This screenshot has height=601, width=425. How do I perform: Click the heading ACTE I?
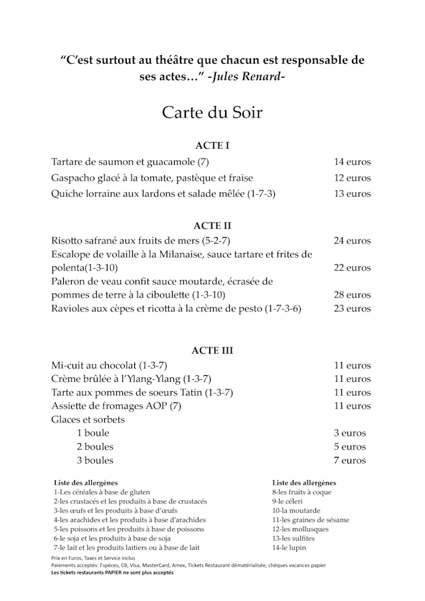pyautogui.click(x=212, y=145)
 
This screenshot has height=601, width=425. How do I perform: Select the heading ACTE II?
pyautogui.click(x=212, y=226)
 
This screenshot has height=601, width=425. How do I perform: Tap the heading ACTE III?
pyautogui.click(x=212, y=350)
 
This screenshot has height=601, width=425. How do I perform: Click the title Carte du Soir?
pyautogui.click(x=212, y=112)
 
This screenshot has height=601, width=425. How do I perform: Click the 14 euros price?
pyautogui.click(x=352, y=162)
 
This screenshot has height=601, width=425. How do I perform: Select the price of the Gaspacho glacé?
pyautogui.click(x=352, y=178)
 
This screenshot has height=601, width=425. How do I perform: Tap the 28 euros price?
pyautogui.click(x=352, y=295)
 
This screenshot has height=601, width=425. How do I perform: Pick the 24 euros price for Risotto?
pyautogui.click(x=352, y=240)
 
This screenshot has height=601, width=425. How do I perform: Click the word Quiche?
pyautogui.click(x=67, y=194)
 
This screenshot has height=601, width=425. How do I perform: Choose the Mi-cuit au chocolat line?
pyautogui.click(x=109, y=365)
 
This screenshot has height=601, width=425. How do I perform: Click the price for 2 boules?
pyautogui.click(x=349, y=447)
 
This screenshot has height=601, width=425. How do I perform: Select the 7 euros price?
pyautogui.click(x=349, y=460)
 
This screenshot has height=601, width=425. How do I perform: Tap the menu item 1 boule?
pyautogui.click(x=93, y=433)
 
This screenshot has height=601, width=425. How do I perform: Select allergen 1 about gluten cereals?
pyautogui.click(x=96, y=492)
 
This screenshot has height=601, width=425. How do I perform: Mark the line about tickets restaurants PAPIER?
pyautogui.click(x=112, y=572)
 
